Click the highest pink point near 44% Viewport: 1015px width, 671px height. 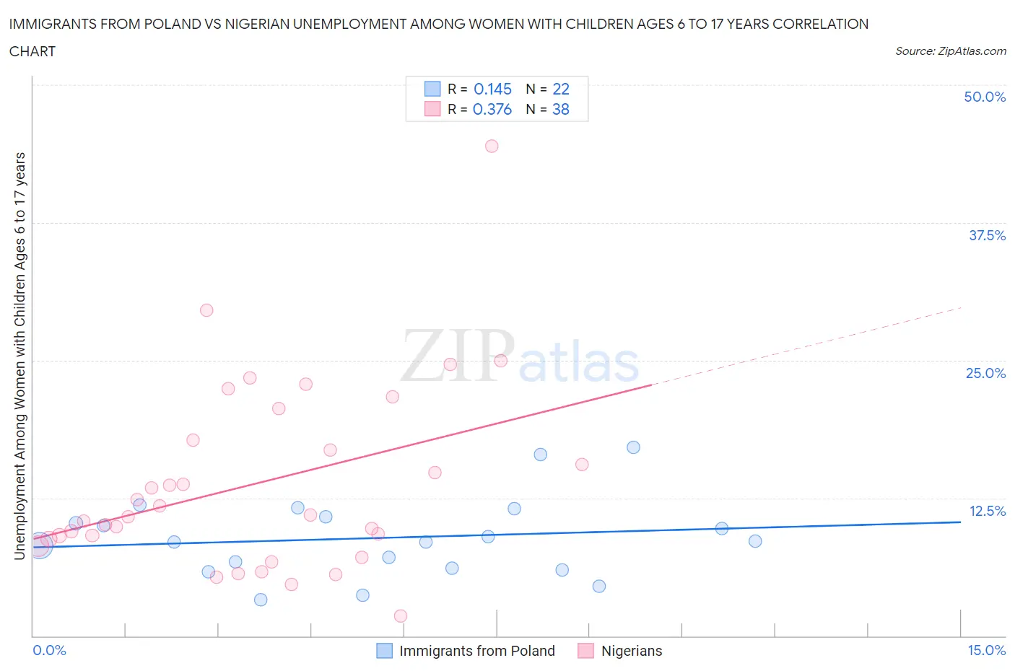pyautogui.click(x=492, y=146)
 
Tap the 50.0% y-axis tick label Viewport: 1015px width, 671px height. pyautogui.click(x=985, y=97)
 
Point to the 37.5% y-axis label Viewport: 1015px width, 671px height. pyautogui.click(x=987, y=235)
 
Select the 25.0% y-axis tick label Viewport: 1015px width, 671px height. pyautogui.click(x=985, y=373)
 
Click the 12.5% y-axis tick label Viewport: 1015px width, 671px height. pyautogui.click(x=987, y=511)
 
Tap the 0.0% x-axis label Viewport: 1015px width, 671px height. pyautogui.click(x=49, y=650)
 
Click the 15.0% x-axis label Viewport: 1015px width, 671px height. pyautogui.click(x=986, y=650)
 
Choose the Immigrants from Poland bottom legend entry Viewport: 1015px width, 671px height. pyautogui.click(x=476, y=651)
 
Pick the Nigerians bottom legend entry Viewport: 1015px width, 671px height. pyautogui.click(x=632, y=651)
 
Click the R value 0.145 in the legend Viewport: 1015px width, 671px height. pyautogui.click(x=492, y=89)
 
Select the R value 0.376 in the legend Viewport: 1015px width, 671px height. pyautogui.click(x=492, y=109)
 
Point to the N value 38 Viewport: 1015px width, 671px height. pyautogui.click(x=561, y=109)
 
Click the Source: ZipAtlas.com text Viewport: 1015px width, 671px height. pyautogui.click(x=950, y=51)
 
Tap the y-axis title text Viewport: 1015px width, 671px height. pyautogui.click(x=19, y=356)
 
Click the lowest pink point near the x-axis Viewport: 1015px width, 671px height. pyautogui.click(x=401, y=615)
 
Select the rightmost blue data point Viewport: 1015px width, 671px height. pyautogui.click(x=755, y=541)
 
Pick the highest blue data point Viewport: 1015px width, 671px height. pyautogui.click(x=633, y=447)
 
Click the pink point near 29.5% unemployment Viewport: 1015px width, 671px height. pyautogui.click(x=206, y=310)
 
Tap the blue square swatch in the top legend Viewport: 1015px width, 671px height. pyautogui.click(x=432, y=89)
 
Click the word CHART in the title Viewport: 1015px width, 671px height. pyautogui.click(x=32, y=51)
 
